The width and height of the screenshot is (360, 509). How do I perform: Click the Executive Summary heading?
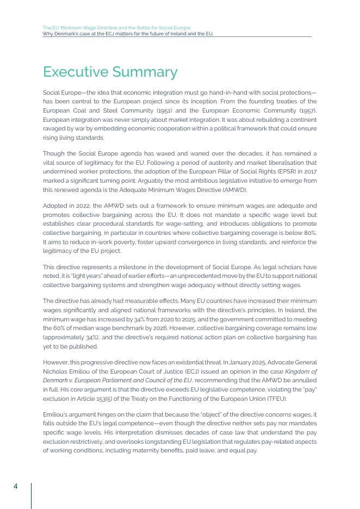[110, 72]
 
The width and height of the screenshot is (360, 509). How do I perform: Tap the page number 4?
[16, 486]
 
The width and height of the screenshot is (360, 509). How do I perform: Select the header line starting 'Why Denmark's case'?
[128, 34]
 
